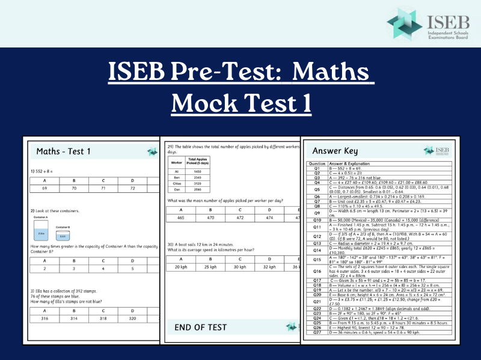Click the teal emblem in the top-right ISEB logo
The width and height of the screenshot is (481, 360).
[405, 24]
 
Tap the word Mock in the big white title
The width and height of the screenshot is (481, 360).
[207, 103]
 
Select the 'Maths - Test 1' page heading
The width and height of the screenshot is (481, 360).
[63, 151]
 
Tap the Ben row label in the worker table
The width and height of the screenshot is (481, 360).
[176, 177]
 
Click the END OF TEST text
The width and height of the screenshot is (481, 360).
[201, 327]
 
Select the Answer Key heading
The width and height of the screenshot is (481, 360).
[335, 151]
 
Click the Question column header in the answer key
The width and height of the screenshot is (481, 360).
[317, 163]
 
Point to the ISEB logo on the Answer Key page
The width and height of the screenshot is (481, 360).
[437, 151]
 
